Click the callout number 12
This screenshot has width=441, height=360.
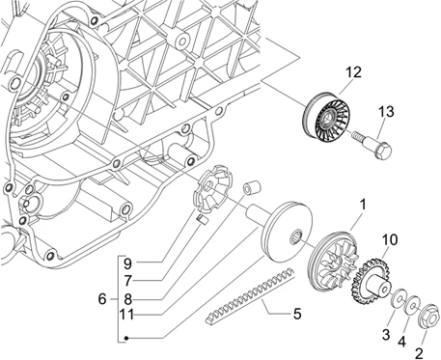point(353,72)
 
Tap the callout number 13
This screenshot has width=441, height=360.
point(386,112)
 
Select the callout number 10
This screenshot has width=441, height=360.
point(390,239)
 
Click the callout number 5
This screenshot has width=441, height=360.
point(297,314)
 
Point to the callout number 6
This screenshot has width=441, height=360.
point(102,299)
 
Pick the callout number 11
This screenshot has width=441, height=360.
point(126,314)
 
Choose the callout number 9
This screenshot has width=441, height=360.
point(127,263)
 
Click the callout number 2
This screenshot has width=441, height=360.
point(419,353)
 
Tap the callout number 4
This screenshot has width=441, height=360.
point(401,342)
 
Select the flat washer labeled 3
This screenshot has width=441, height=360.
point(399,299)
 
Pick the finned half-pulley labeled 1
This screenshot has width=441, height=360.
point(333,260)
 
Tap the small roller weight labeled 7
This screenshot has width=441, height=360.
point(203,219)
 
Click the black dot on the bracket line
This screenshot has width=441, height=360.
point(126,338)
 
